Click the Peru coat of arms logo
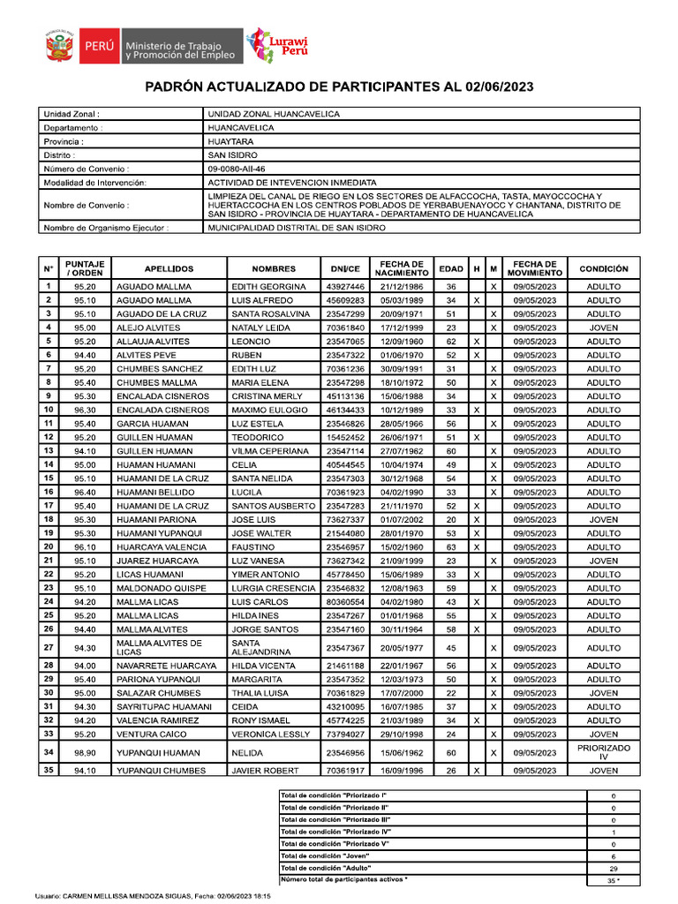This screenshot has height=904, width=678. [58, 45]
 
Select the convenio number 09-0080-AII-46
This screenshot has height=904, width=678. [236, 169]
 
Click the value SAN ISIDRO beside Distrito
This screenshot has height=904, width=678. [232, 154]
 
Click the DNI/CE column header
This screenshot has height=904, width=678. [345, 268]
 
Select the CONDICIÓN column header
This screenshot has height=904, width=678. [604, 268]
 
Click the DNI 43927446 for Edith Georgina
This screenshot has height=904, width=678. [345, 287]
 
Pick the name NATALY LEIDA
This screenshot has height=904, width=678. [261, 328]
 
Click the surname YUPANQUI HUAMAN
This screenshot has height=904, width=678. [155, 753]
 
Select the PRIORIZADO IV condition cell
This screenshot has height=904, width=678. [604, 752]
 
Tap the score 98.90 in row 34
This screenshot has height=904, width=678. [85, 753]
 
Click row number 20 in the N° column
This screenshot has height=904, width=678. [49, 546]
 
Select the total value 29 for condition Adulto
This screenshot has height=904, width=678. [613, 869]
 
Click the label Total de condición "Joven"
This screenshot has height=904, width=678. [325, 856]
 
